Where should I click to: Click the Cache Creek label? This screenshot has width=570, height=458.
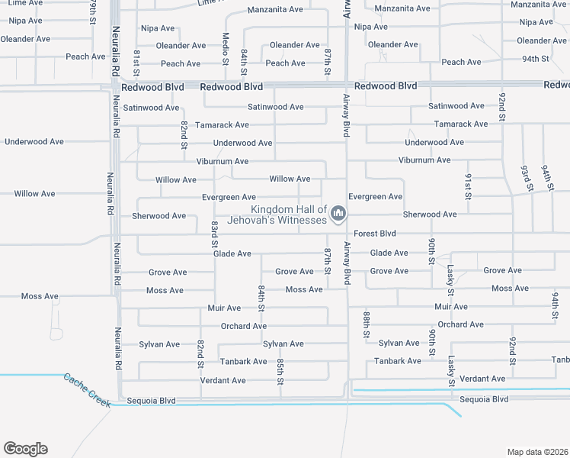pyautogui.click(x=87, y=389)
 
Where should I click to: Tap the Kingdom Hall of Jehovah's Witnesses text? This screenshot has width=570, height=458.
pyautogui.click(x=289, y=214)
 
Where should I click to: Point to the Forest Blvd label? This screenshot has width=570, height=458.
pyautogui.click(x=375, y=234)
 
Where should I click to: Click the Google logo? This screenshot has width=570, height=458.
pyautogui.click(x=25, y=449)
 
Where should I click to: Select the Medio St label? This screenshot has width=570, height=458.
pyautogui.click(x=226, y=48)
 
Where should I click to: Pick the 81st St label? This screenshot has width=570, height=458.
pyautogui.click(x=136, y=62)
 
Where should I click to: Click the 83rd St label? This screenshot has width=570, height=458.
pyautogui.click(x=215, y=234)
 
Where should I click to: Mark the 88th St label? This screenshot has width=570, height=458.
pyautogui.click(x=367, y=324)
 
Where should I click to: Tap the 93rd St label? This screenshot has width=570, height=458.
pyautogui.click(x=527, y=177)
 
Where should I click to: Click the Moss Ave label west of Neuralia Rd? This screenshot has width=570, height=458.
pyautogui.click(x=40, y=296)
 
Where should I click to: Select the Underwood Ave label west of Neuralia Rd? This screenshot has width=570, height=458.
pyautogui.click(x=34, y=142)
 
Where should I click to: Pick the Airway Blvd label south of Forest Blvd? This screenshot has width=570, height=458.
pyautogui.click(x=347, y=263)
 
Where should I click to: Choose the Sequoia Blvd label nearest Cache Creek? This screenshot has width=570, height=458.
pyautogui.click(x=151, y=400)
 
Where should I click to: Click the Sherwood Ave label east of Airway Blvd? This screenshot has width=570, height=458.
pyautogui.click(x=430, y=214)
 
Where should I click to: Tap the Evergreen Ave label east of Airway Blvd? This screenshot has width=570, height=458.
pyautogui.click(x=376, y=197)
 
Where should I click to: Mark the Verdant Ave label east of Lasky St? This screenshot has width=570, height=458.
pyautogui.click(x=483, y=379)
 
